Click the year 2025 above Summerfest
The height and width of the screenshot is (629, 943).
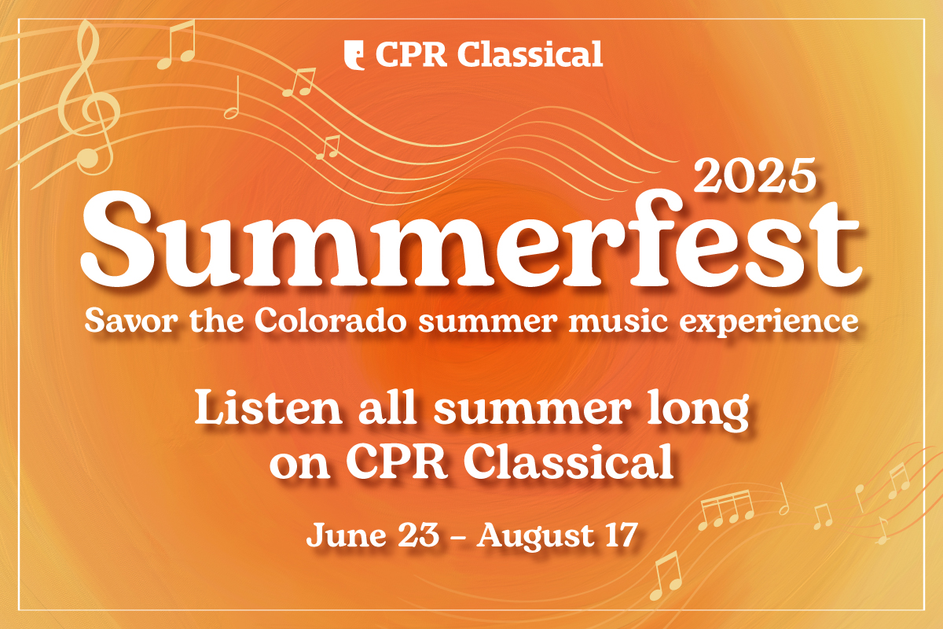(755, 175)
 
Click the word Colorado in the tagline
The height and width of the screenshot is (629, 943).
(331, 321)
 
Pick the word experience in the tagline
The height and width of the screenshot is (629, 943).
(769, 322)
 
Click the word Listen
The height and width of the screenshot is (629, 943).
(268, 408)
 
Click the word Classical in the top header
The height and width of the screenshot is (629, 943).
(530, 54)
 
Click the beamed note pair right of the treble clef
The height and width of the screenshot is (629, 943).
(176, 44)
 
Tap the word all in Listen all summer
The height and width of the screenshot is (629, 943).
(387, 407)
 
